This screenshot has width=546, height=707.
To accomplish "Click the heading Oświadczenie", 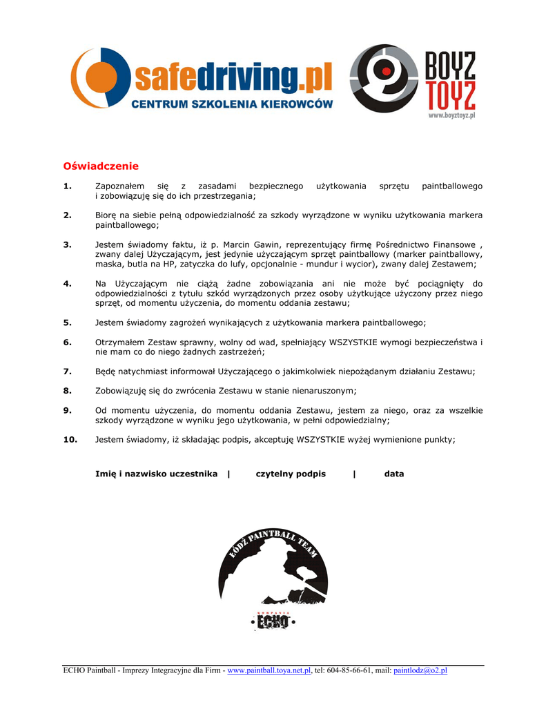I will tap(101, 166).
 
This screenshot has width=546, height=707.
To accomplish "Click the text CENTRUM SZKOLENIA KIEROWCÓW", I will tap(232, 104).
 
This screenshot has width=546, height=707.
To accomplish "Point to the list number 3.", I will tap(68, 244).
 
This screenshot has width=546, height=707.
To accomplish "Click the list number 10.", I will tap(70, 439).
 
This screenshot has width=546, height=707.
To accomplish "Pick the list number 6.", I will tap(68, 342).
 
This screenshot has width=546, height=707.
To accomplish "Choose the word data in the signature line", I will tap(394, 474).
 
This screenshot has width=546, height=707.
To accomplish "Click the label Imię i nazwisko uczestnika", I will tap(156, 474).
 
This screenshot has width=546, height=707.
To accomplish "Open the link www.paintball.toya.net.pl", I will tap(269, 670).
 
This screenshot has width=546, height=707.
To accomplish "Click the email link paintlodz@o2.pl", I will tap(420, 670).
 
